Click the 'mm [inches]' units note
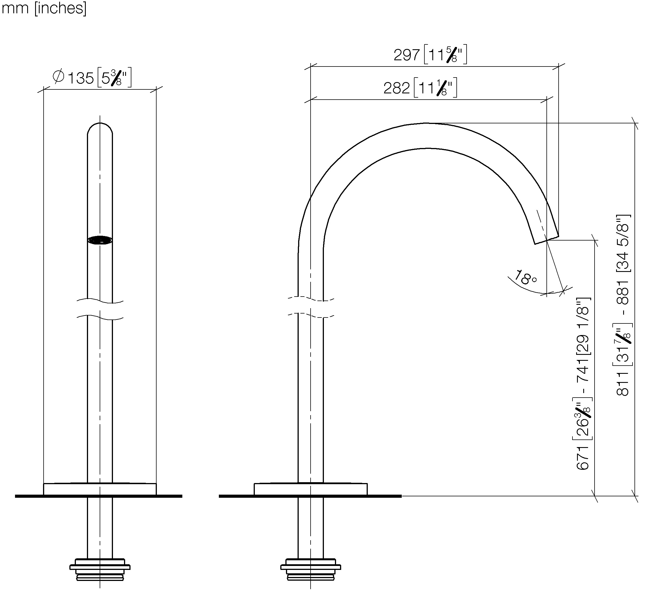[44, 8]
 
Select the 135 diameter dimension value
[81, 78]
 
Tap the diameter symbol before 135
[58, 76]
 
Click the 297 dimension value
[407, 55]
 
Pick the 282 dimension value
[397, 88]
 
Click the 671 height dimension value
[583, 457]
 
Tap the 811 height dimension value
[623, 384]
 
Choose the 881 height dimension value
[623, 293]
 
